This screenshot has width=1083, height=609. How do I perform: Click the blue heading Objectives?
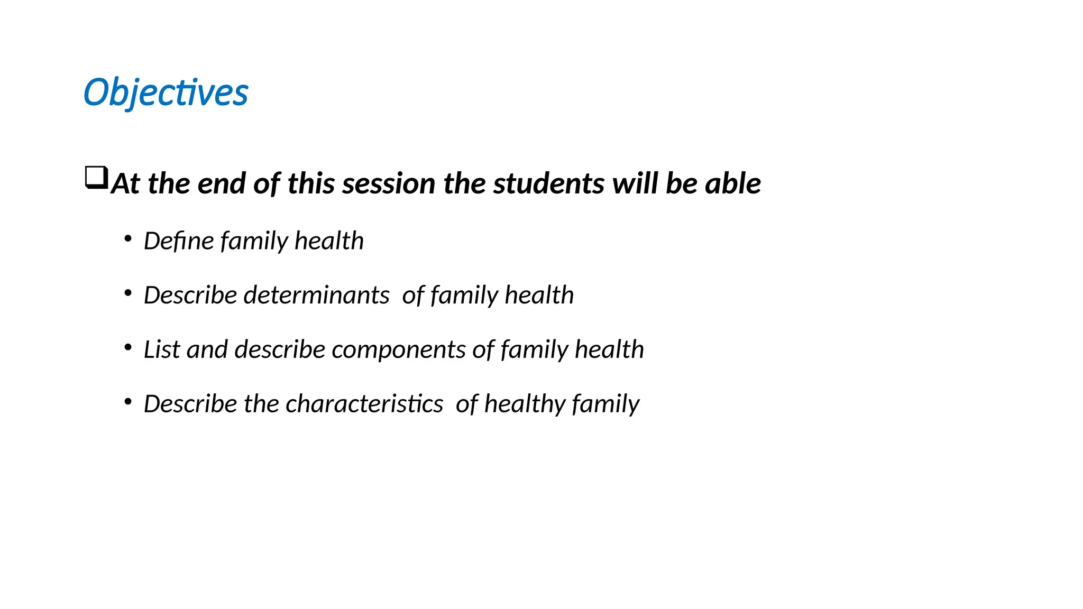pos(166,93)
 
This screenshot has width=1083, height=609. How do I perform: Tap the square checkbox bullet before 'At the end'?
pos(96,178)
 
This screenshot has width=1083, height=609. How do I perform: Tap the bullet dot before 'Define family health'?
pos(127,239)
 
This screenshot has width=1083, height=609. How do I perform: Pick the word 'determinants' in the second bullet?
pos(316,295)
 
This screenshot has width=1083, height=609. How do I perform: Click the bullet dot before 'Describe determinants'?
pos(127,293)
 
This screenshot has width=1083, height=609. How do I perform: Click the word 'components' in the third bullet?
pos(398,349)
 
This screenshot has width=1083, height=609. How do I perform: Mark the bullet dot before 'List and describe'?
pos(127,348)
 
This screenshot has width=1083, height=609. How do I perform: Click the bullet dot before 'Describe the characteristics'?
pos(127,402)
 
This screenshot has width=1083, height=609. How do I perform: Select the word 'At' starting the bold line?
pos(125,183)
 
